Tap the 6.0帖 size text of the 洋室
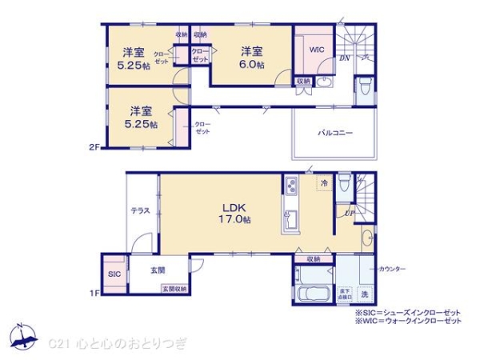tap(253, 65)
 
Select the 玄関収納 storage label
tap(174, 289)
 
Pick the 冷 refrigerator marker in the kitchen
tap(323, 183)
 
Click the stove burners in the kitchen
tap(290, 187)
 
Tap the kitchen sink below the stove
tap(290, 218)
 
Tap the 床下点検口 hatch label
tap(345, 293)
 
